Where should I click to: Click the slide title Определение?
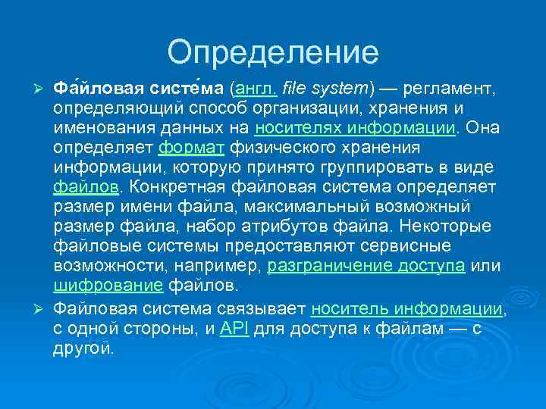click(x=273, y=52)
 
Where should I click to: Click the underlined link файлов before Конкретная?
click(x=85, y=186)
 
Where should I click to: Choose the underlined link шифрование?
click(x=108, y=286)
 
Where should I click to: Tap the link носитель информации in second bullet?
click(x=406, y=309)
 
